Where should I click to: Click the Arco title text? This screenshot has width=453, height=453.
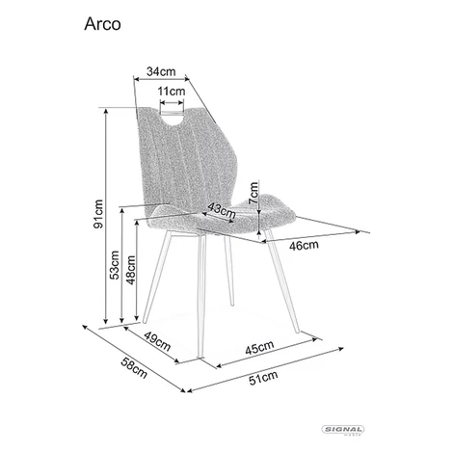(x=102, y=24)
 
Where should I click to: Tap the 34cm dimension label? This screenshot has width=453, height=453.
(x=161, y=71)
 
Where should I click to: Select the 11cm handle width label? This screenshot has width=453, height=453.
(x=172, y=92)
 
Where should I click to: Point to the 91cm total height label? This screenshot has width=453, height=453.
(x=98, y=214)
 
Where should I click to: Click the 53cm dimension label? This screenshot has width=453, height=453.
(x=115, y=265)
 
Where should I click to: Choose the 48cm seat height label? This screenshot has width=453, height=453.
(x=131, y=270)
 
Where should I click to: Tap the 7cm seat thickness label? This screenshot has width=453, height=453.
(x=253, y=193)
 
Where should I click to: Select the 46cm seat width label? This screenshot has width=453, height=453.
(x=304, y=246)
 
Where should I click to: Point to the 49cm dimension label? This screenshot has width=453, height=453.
(x=157, y=341)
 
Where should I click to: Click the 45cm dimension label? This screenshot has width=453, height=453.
(x=259, y=347)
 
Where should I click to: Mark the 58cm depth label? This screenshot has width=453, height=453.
(x=134, y=368)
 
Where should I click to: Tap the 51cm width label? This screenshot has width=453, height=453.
(x=263, y=378)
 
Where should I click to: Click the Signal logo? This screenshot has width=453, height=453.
(x=343, y=430)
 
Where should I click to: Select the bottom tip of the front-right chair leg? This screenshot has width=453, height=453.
(x=298, y=332)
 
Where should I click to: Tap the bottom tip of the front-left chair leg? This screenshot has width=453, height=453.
(x=200, y=356)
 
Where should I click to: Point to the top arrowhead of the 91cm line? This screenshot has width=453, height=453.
(x=106, y=110)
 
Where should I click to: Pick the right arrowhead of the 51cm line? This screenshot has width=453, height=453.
(x=342, y=348)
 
